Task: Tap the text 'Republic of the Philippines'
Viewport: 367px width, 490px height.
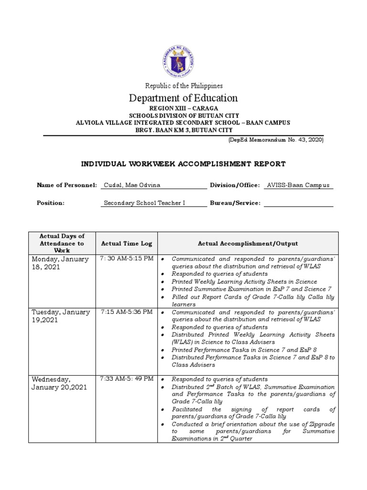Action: pyautogui.click(x=184, y=86)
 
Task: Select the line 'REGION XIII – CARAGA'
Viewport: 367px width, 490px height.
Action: pyautogui.click(x=184, y=109)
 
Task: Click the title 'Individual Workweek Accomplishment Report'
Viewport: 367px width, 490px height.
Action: pyautogui.click(x=183, y=164)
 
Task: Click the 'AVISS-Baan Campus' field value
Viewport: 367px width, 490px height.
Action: pyautogui.click(x=299, y=185)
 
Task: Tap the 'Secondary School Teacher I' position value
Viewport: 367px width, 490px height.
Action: pyautogui.click(x=144, y=203)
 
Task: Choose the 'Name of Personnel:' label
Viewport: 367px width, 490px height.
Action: pyautogui.click(x=67, y=185)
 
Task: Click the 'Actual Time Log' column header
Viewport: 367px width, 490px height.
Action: pyautogui.click(x=127, y=244)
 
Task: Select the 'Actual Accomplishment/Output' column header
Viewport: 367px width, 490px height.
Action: pyautogui.click(x=248, y=244)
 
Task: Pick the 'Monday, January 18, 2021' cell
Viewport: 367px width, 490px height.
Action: pyautogui.click(x=60, y=263)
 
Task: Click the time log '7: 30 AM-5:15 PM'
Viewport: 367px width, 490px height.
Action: pyautogui.click(x=127, y=259)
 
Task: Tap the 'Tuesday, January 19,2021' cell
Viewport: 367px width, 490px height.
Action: pyautogui.click(x=61, y=316)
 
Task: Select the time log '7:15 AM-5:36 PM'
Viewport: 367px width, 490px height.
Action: pyautogui.click(x=127, y=312)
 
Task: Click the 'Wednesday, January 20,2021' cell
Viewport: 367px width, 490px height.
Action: pyautogui.click(x=59, y=383)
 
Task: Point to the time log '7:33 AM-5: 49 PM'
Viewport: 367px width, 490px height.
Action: pyautogui.click(x=127, y=379)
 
